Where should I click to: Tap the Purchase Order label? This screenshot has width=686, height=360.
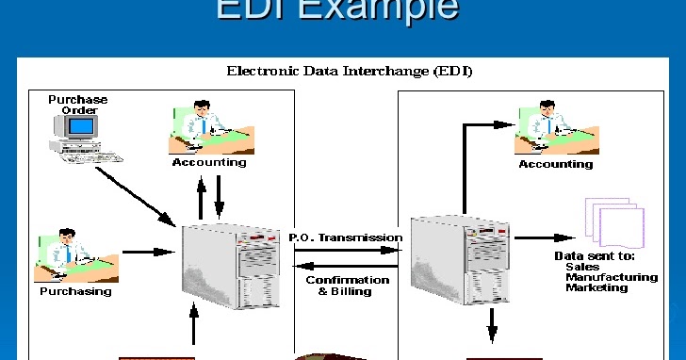(x=78, y=105)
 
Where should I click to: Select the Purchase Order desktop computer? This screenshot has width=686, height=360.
(x=77, y=140)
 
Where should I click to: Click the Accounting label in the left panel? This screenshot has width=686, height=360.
(x=209, y=162)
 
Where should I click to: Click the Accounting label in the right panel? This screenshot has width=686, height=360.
(x=556, y=164)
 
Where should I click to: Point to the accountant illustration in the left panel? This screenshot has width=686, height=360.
(x=210, y=126)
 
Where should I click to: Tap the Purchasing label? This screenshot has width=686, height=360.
(x=75, y=291)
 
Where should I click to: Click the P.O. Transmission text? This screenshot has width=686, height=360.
(x=346, y=237)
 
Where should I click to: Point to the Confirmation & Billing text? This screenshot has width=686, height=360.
(x=348, y=286)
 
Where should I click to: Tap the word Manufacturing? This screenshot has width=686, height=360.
(x=612, y=277)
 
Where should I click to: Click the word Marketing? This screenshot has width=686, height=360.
(x=596, y=287)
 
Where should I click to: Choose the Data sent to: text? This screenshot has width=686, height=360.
(x=595, y=255)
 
